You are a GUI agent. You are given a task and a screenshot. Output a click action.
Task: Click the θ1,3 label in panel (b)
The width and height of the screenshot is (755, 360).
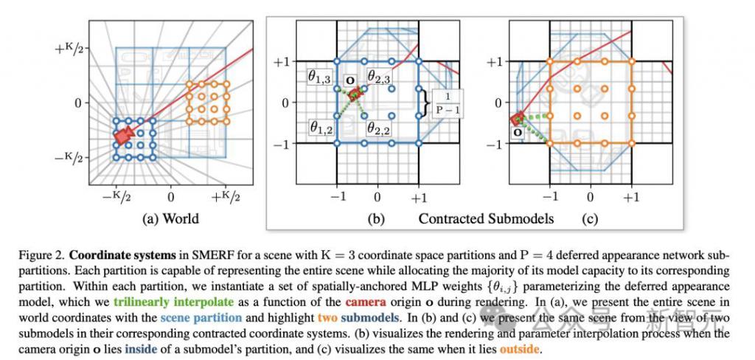pos(321,77)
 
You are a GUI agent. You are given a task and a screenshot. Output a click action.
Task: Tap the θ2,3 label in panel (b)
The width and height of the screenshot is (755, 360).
pos(379,76)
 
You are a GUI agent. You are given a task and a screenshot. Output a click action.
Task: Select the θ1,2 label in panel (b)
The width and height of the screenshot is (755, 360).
pos(321,128)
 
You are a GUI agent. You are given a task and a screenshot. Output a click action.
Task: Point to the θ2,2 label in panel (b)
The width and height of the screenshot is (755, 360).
pos(379,128)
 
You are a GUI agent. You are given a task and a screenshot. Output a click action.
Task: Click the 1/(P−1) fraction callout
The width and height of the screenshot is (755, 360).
pos(448,103)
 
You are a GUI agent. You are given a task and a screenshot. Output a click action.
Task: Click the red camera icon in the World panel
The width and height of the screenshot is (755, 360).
pos(123,136)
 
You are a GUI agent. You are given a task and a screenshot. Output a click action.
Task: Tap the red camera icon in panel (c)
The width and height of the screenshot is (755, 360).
pos(518,119)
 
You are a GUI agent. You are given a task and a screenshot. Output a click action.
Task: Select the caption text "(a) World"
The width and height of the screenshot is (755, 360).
pos(170,218)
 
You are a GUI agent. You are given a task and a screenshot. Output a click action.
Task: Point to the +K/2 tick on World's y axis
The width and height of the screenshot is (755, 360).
pos(69,48)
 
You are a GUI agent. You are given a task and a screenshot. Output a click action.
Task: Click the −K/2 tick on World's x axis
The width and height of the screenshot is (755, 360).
pos(116,197)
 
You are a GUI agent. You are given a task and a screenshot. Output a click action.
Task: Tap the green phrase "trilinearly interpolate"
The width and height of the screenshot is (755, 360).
pos(174,302)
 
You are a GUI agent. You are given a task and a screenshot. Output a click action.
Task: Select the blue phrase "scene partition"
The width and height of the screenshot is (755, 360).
pos(201,319)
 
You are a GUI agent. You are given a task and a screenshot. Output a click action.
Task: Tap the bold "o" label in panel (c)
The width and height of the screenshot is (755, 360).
pos(518,131)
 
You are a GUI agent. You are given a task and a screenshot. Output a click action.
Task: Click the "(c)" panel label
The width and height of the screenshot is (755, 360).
pos(589,218)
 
